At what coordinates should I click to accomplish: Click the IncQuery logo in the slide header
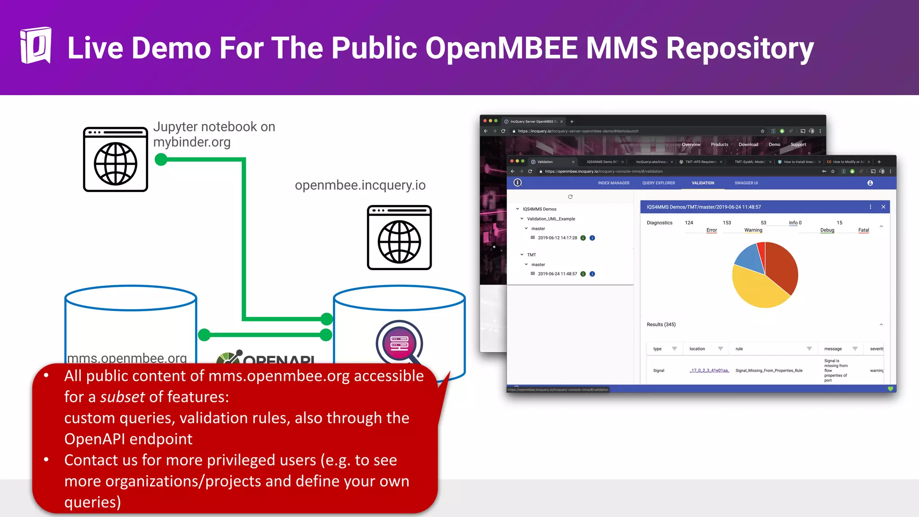[35, 45]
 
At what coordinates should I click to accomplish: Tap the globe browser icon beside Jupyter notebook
[115, 160]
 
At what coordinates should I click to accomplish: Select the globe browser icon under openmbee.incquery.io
[399, 238]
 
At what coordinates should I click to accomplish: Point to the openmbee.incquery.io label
[360, 185]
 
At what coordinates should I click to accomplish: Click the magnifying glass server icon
[399, 343]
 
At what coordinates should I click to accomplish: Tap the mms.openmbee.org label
[127, 358]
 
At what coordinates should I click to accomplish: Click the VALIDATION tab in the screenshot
[703, 183]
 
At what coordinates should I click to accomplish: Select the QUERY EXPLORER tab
[658, 183]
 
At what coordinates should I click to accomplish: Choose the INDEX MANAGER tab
[613, 183]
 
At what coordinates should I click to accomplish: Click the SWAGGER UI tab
[746, 183]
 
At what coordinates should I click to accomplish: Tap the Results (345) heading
[661, 324]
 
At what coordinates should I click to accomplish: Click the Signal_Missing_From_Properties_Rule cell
[769, 371]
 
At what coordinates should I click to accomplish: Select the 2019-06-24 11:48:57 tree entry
[557, 274]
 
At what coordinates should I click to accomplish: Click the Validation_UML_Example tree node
[551, 219]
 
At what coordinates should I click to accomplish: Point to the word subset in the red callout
[122, 397]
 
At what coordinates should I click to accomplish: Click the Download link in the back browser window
[748, 145]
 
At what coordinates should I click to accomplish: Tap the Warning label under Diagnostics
[753, 230]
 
